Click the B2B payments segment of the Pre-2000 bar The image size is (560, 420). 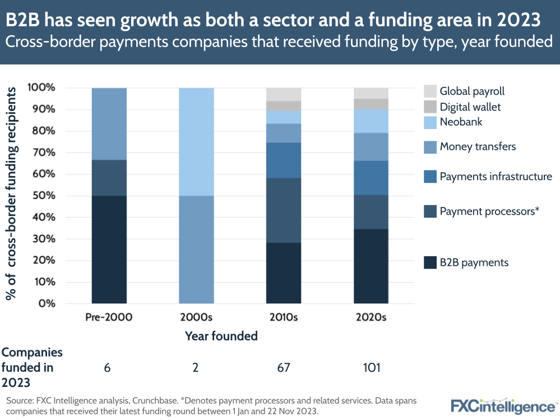coord(109,250)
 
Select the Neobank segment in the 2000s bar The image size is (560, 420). coord(196,142)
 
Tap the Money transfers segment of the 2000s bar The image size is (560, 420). coord(196,250)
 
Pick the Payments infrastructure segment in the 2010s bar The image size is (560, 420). coord(284,160)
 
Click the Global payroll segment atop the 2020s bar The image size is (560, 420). coord(371,93)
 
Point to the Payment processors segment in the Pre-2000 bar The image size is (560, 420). coord(109,178)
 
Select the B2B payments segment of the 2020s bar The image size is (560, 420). coord(371,266)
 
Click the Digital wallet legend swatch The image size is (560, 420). coord(430,107)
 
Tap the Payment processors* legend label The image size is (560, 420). coord(489,211)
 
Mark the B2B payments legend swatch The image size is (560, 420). coord(430,262)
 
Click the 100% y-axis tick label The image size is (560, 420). coord(41,88)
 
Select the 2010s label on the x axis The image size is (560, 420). coord(284,317)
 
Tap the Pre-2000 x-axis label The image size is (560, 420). coord(109,317)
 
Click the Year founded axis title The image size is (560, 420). coord(221,336)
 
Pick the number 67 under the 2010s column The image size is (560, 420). coord(284,368)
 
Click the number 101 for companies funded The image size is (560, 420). coord(371,368)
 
